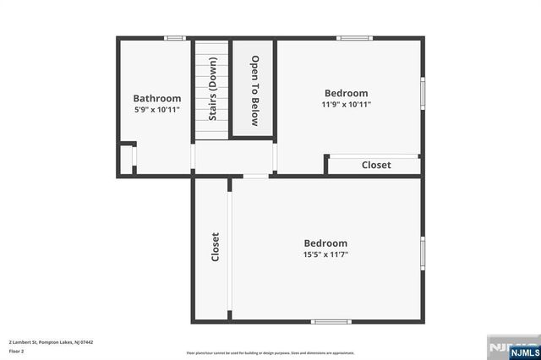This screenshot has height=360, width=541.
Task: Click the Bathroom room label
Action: coord(157,98)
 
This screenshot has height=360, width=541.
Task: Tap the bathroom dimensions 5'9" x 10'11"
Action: coord(157,110)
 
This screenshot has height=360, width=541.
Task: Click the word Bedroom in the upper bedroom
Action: coord(347,93)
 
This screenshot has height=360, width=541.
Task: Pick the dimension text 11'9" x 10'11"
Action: coord(347,105)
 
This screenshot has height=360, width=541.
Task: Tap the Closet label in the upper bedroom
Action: coord(376,166)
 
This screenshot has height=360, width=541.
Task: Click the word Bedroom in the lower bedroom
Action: coord(325,243)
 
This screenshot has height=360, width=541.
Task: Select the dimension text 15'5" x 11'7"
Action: coord(325,254)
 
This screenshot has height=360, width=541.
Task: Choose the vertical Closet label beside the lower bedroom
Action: coord(216,246)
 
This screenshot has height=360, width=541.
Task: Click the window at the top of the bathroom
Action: coord(175,38)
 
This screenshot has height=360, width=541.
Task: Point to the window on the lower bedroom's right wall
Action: coord(423,253)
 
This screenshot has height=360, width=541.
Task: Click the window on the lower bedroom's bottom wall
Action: coord(331,321)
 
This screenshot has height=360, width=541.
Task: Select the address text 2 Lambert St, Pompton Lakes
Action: coord(50,341)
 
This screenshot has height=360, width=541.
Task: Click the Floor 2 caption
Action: coord(17,351)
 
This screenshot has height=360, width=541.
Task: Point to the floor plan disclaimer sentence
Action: coord(270,353)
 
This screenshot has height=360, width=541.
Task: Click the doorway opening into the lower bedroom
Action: coord(255,176)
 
